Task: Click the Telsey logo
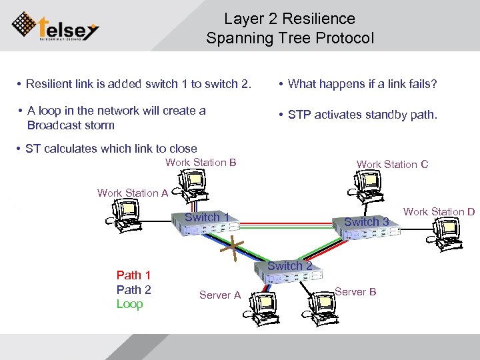pos(56,27)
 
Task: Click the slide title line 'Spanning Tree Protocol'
pos(290,38)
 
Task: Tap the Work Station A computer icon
pos(125,213)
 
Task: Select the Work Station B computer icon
pos(193,183)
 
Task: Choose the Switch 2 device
pos(287,273)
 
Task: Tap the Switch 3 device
pos(369,228)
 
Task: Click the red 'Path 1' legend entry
pos(133,275)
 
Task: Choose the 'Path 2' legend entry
pos(133,289)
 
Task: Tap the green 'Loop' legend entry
pos(129,304)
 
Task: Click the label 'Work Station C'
pos(392,164)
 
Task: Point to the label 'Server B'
pos(355,292)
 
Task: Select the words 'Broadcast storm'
pos(71,125)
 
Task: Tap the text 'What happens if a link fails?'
pos(362,84)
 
